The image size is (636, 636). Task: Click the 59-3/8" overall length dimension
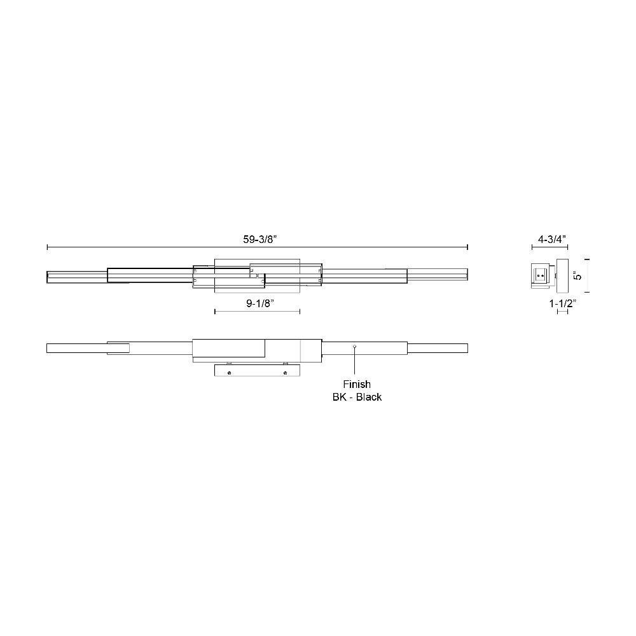click(x=259, y=239)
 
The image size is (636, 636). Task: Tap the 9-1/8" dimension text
click(x=260, y=303)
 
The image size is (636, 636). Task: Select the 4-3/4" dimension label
click(x=552, y=239)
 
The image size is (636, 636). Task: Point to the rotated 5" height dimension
click(x=577, y=275)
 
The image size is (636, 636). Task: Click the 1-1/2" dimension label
click(x=563, y=303)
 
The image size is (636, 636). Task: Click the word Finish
click(x=357, y=384)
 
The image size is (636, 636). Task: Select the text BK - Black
click(x=357, y=397)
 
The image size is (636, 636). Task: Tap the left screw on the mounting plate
click(x=229, y=373)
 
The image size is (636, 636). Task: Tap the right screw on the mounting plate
click(x=285, y=373)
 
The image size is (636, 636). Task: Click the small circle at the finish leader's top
click(x=355, y=347)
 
